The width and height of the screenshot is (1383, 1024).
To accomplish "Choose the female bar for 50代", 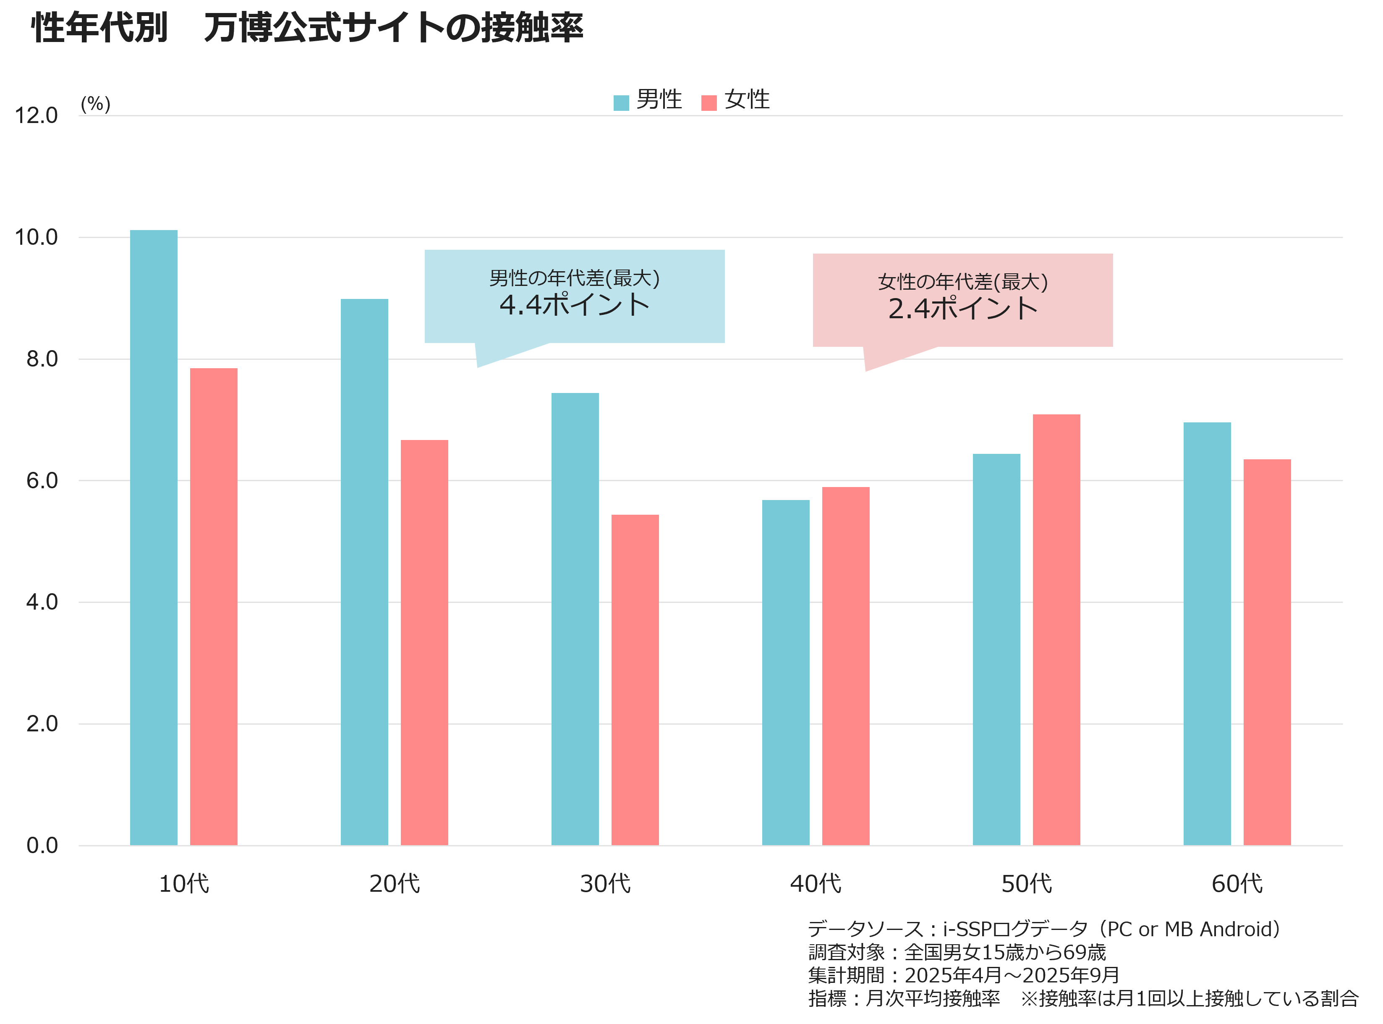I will tap(1056, 630).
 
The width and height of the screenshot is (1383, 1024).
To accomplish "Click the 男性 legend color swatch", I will tap(621, 103).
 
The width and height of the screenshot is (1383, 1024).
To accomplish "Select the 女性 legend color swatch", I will tap(709, 103).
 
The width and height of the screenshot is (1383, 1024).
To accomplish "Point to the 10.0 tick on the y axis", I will tap(36, 237).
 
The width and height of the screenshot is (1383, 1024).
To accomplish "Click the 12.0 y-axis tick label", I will tap(36, 116).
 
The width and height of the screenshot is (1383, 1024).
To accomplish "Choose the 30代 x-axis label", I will tap(605, 884).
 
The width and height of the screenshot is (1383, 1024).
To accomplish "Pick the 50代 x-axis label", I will tap(1026, 884).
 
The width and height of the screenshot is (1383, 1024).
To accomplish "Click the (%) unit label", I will tap(95, 104).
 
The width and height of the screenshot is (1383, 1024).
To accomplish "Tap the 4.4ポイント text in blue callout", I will tap(574, 305).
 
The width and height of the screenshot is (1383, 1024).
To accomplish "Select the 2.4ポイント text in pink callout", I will tap(963, 309).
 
